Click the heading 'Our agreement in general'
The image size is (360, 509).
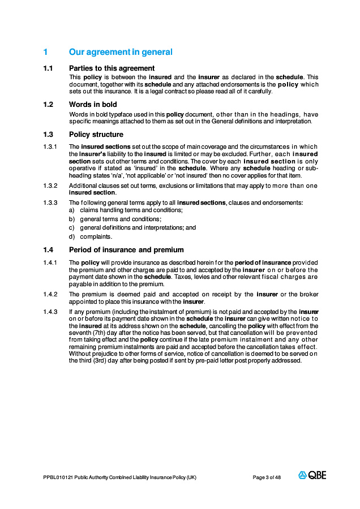pos(121,52)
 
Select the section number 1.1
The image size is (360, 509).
pos(48,68)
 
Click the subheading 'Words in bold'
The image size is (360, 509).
pos(93,105)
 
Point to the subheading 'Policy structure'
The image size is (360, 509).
pos(96,135)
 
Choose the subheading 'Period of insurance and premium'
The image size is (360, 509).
pos(126,250)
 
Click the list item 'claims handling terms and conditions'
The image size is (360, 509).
pos(131,210)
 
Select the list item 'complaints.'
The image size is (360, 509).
pos(96,236)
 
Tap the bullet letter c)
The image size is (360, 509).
pos(72,228)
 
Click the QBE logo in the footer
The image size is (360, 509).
pos(312,476)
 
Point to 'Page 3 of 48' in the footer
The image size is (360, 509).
pos(267,477)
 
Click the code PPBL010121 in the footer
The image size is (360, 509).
pos(58,477)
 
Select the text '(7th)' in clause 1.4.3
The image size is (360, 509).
pos(100,334)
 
